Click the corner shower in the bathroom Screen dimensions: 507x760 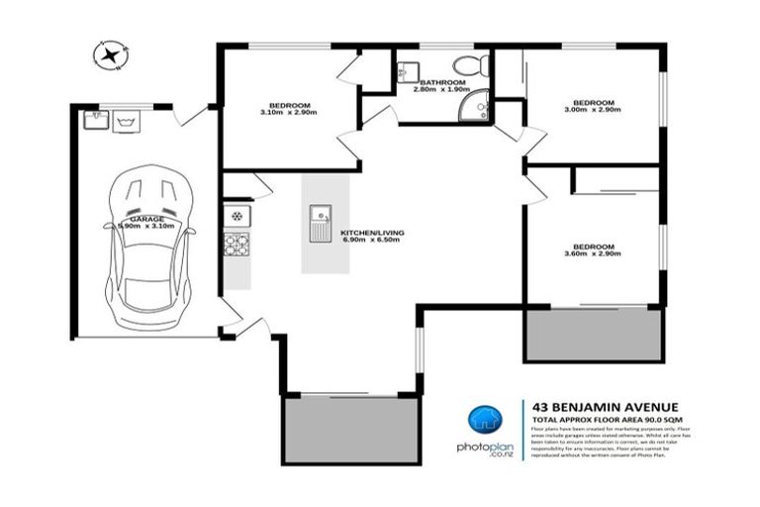pos(478,101)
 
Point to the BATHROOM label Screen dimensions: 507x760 pos(441,82)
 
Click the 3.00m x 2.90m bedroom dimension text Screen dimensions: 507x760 pos(594,110)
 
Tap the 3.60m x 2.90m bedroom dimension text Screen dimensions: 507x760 pos(594,254)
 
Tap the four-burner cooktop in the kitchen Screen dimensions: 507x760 pos(237,244)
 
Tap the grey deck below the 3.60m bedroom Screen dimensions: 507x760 pos(592,335)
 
